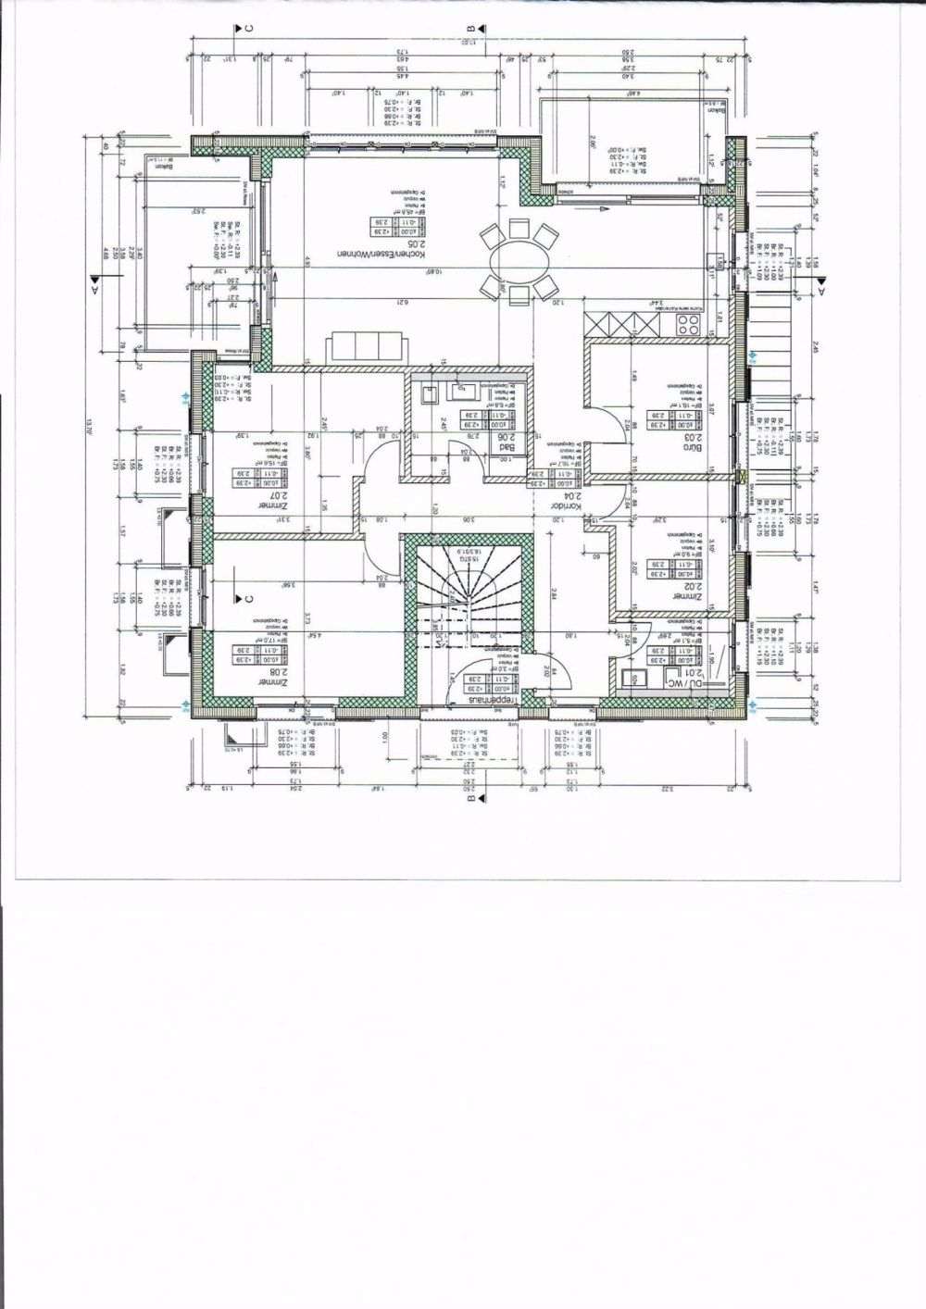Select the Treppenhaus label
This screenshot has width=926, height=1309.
(495, 702)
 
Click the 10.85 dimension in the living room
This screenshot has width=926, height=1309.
(432, 272)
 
